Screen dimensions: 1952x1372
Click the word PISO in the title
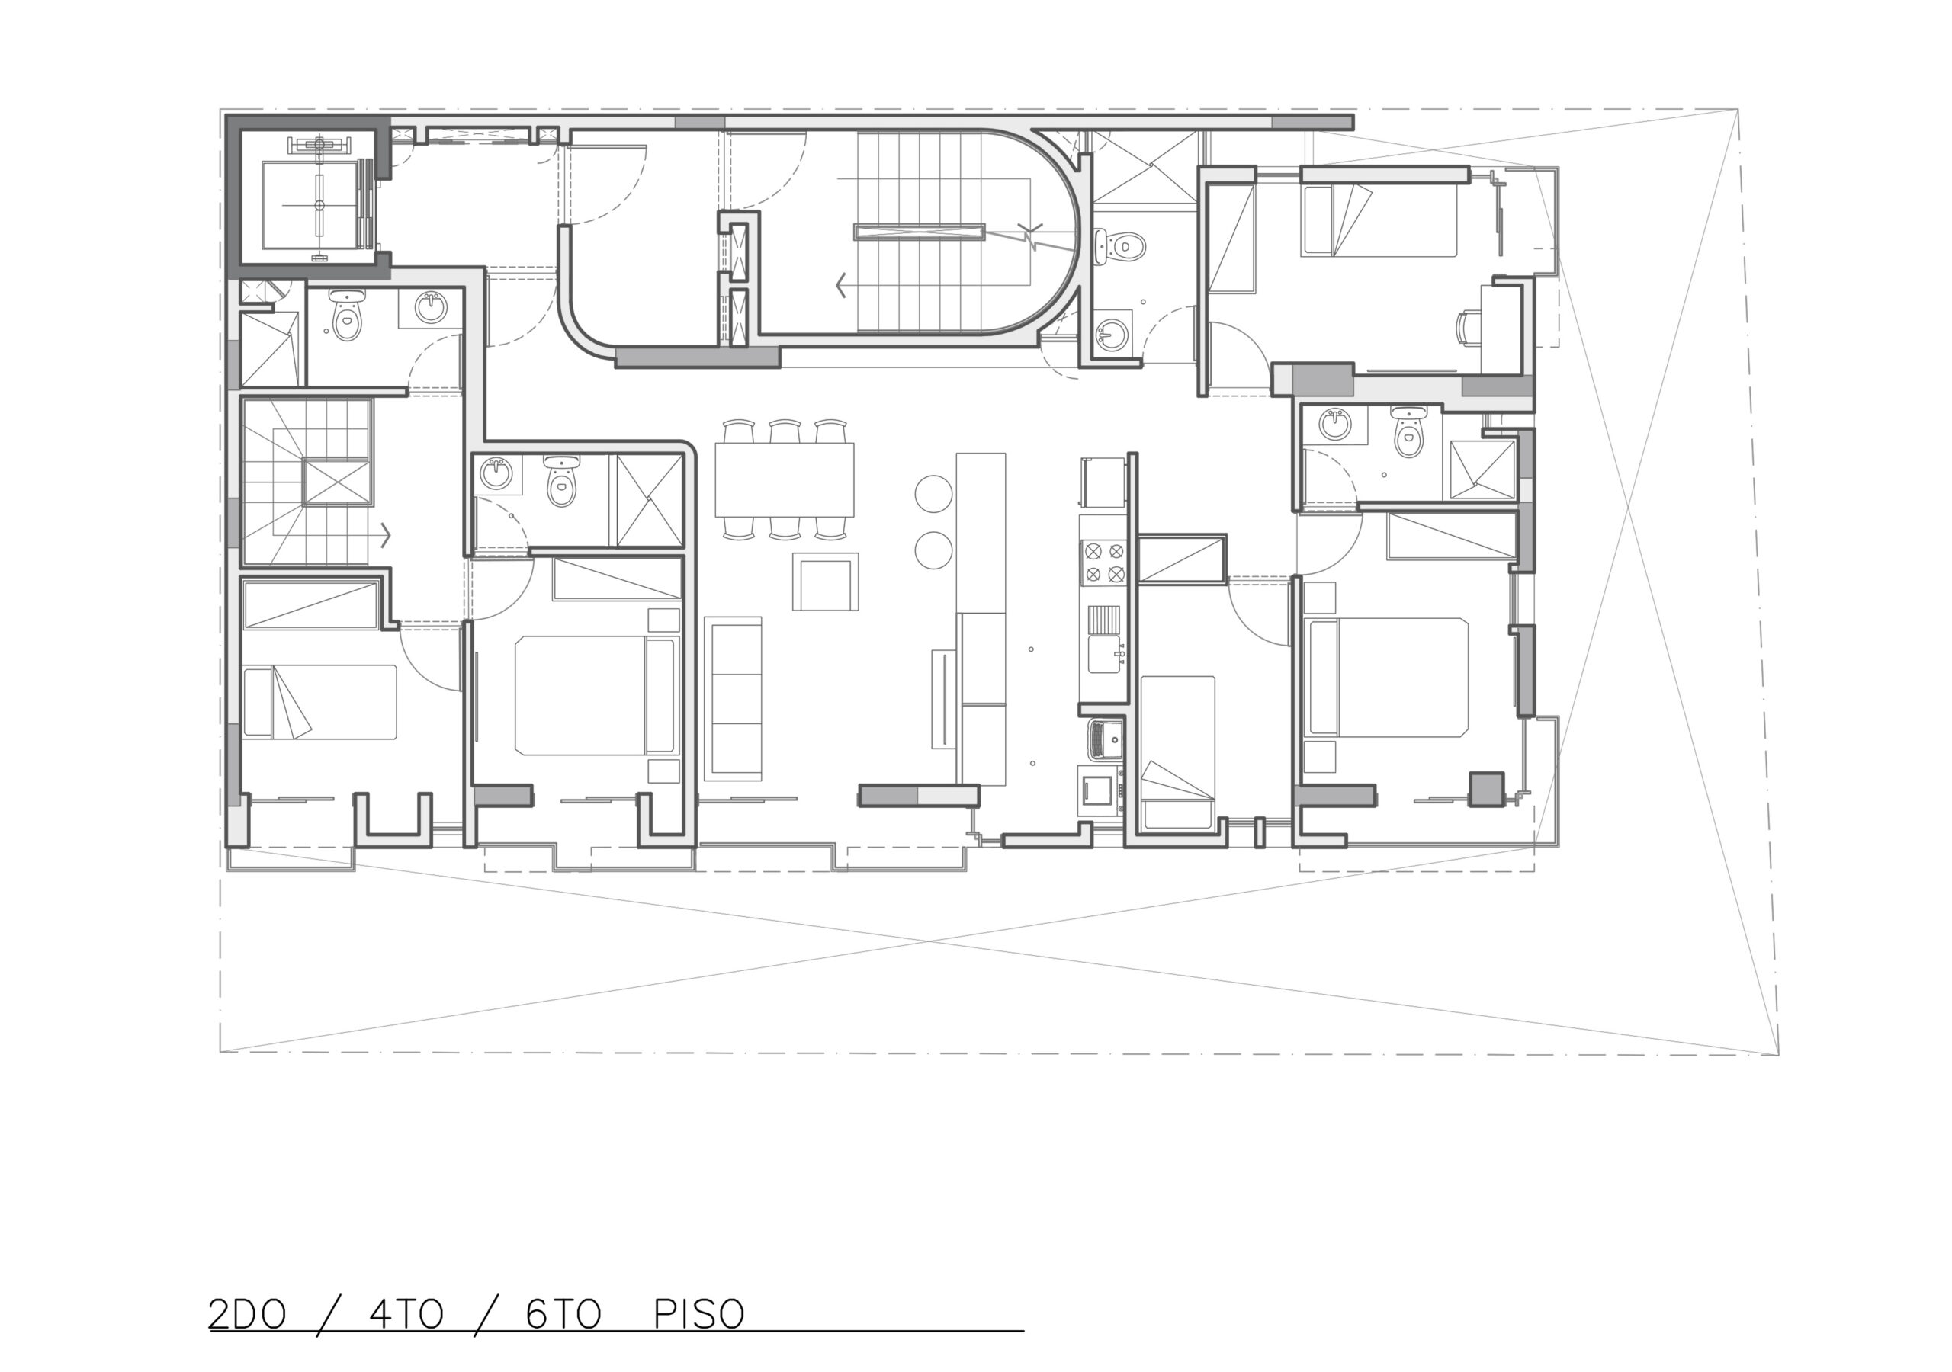pos(699,1313)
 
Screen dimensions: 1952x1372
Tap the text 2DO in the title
pos(247,1313)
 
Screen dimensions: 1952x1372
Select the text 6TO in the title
pos(563,1313)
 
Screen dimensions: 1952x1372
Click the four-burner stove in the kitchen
pos(1103,563)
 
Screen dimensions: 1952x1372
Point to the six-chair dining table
pos(785,479)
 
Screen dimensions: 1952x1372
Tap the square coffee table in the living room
pos(826,582)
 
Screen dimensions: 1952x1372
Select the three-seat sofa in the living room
pos(733,698)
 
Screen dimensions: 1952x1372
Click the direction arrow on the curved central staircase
pos(842,285)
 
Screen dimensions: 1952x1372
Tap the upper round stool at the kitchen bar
pos(933,492)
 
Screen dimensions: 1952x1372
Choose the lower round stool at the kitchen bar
pos(933,550)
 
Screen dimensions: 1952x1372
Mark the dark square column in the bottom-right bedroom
pos(1487,788)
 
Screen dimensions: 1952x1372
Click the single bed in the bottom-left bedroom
pos(319,702)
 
